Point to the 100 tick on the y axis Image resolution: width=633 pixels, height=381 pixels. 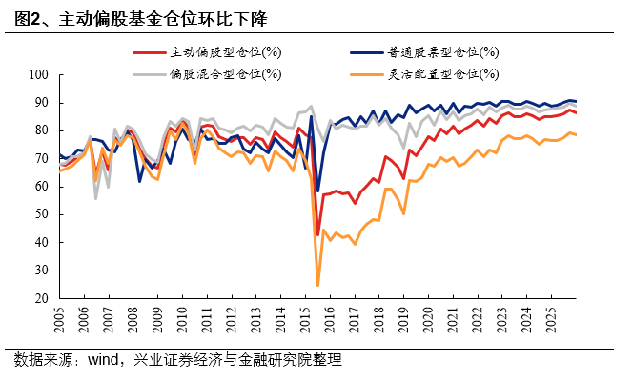tap(40, 74)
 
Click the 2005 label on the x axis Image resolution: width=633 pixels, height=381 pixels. tap(59, 320)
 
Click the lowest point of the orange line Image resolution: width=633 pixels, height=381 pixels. tap(317, 285)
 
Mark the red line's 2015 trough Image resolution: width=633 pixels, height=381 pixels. tap(317, 234)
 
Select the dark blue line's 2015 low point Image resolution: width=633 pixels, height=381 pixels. tap(318, 191)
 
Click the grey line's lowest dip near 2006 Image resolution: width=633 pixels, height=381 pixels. tap(95, 198)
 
